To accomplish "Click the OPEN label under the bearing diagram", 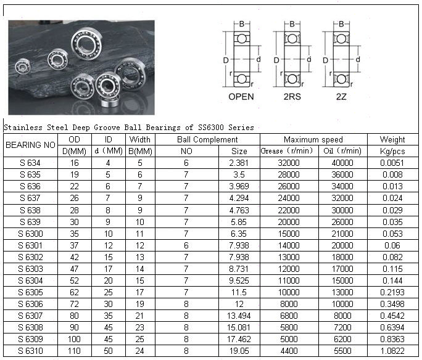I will [241, 97].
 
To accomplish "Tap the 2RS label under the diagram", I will [291, 97].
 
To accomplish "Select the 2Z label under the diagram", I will [340, 97].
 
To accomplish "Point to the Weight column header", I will [392, 140].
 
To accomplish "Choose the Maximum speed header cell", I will [313, 140].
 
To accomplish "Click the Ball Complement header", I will [207, 140].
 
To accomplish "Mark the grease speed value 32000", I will [288, 163].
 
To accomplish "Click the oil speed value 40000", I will [342, 163].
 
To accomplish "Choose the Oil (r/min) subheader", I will [342, 151].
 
